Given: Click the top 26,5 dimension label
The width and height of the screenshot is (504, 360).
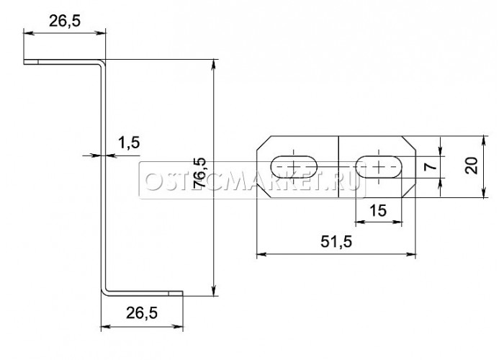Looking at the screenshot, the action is [65, 21].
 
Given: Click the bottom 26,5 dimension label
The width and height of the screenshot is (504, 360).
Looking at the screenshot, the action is [142, 312].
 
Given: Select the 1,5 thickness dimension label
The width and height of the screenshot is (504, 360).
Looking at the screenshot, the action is [129, 143].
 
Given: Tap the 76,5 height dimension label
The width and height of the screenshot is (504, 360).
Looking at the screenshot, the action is [199, 173].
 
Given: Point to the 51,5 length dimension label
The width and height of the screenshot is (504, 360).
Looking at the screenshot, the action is [336, 241].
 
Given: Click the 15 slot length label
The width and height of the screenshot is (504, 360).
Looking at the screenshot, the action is [378, 210].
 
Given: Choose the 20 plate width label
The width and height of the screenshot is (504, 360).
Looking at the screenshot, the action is [472, 166].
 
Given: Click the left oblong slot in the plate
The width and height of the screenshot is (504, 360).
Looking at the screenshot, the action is [294, 166].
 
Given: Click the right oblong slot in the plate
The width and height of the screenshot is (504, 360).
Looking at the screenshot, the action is [379, 166].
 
